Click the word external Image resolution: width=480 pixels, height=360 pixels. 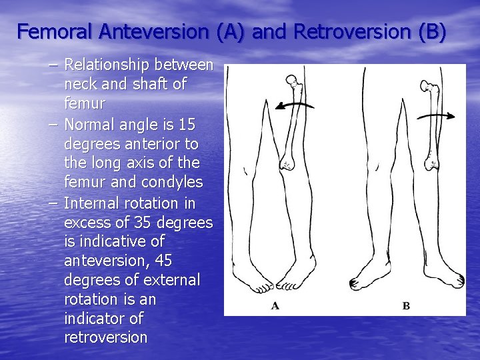[x=170, y=279]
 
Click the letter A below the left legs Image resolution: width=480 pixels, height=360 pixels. [x=275, y=306]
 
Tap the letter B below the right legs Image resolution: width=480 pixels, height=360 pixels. [x=406, y=306]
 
